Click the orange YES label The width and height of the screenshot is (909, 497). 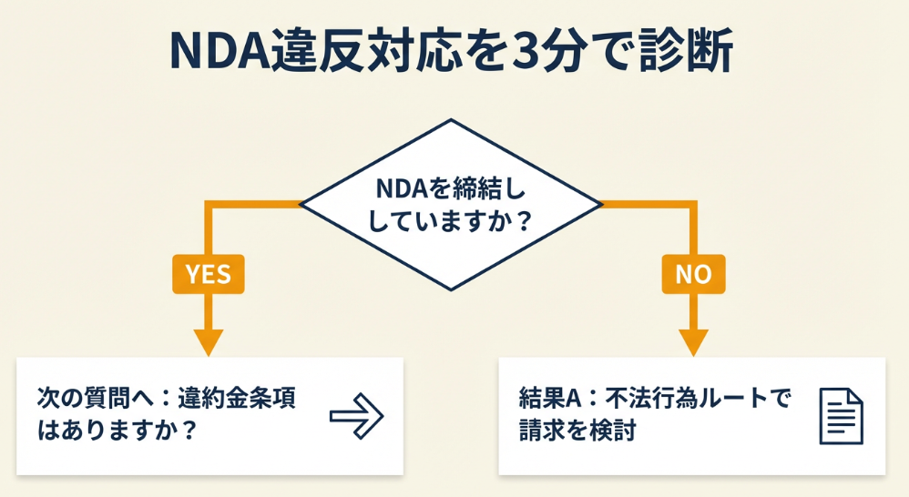[x=209, y=274]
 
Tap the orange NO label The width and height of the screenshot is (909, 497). [x=693, y=274]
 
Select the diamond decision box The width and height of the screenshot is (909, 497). [x=451, y=205]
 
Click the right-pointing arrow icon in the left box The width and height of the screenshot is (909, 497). [x=356, y=415]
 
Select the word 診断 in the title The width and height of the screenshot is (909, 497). [x=691, y=54]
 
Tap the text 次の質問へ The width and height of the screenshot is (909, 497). [x=86, y=401]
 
